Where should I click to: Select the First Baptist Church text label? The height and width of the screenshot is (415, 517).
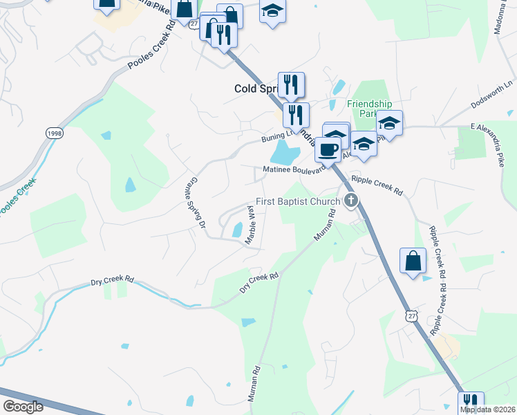[298, 202]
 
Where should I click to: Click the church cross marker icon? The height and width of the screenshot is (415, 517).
[351, 201]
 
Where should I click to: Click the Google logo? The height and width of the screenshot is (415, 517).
[23, 407]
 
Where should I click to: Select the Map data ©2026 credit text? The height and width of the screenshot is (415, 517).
[488, 409]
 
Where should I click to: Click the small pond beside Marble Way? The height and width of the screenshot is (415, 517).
[238, 229]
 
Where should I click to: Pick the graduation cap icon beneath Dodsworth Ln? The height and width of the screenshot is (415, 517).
[389, 124]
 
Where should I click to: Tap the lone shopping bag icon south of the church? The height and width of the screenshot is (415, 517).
[413, 261]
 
